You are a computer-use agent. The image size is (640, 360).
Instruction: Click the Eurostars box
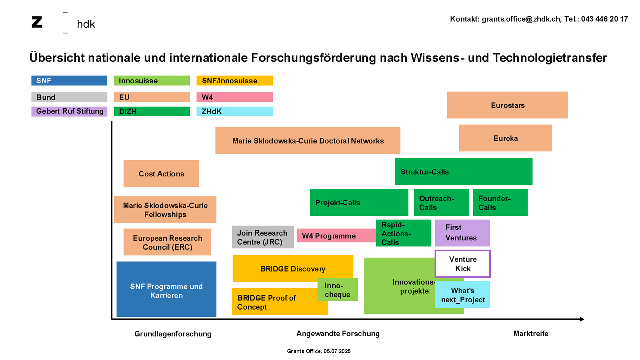[x=507, y=105]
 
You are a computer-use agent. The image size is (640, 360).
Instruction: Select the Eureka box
[x=505, y=138]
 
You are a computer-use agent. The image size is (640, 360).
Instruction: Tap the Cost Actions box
[x=161, y=173]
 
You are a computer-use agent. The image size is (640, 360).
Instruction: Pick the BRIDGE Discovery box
[x=292, y=269]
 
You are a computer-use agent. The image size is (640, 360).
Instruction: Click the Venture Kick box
[x=463, y=264]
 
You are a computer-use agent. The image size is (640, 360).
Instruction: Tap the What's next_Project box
[x=463, y=295]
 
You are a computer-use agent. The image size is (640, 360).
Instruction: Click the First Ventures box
[x=462, y=233]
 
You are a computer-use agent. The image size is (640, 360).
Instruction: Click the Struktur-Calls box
[x=463, y=172]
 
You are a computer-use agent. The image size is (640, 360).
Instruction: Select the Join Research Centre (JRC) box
[x=263, y=237]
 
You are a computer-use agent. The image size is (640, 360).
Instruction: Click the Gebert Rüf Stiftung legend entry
[x=69, y=111]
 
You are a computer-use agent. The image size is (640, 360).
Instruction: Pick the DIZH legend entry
[x=152, y=111]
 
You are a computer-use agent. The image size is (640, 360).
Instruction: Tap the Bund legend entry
[x=69, y=97]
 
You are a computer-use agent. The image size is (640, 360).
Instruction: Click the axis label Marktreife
[x=531, y=333]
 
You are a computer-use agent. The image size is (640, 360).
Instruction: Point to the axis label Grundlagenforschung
[x=173, y=334]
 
